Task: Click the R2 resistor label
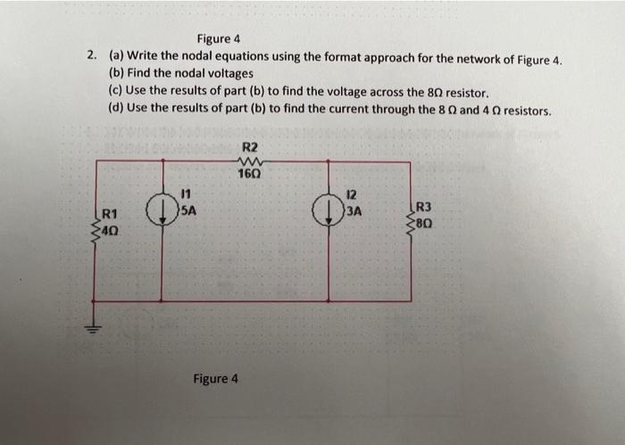[x=249, y=146]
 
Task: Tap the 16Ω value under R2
[x=249, y=173]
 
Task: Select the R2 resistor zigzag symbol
[x=249, y=161]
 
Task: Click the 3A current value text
[x=353, y=211]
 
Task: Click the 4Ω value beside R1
[x=110, y=230]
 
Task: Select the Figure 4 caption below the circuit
[x=216, y=378]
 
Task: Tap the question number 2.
[x=92, y=55]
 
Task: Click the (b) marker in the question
[x=117, y=73]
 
